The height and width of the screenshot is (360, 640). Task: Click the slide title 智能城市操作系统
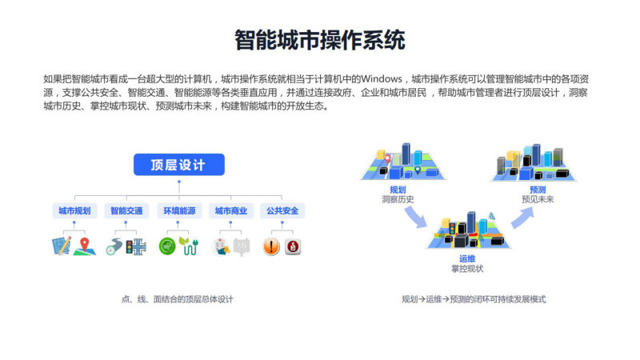(319, 39)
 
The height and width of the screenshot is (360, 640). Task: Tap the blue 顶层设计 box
(178, 165)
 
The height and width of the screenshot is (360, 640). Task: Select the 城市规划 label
(74, 210)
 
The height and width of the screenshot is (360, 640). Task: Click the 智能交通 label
(126, 210)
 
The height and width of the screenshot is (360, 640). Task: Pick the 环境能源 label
(179, 210)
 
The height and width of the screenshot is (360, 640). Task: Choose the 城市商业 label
(231, 210)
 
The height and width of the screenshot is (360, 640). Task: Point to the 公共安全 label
(282, 210)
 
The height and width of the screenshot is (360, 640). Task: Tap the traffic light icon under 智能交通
(130, 247)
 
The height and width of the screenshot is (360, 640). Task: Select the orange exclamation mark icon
(271, 247)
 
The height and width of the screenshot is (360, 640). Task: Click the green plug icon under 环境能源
(189, 246)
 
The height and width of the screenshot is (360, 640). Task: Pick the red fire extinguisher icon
(293, 246)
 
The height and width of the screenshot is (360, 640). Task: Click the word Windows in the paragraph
(382, 78)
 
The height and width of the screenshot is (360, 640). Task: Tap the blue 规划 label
(398, 190)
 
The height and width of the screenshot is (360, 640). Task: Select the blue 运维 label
(467, 258)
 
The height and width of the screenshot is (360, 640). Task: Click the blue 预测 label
(538, 190)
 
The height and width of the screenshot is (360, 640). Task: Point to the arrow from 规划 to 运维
(415, 217)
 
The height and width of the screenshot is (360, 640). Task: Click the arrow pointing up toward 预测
(523, 218)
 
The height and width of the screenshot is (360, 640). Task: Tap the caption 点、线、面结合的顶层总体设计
(177, 299)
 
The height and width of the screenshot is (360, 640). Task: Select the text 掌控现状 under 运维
(467, 269)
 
